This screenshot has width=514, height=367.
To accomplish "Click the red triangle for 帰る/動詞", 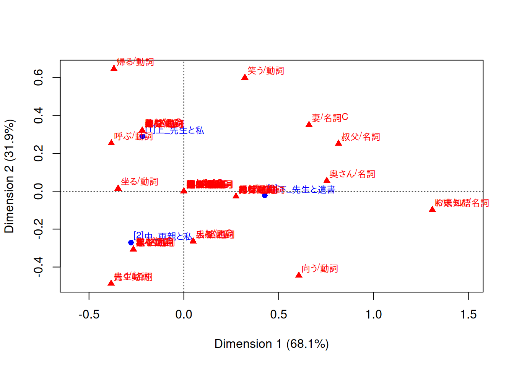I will coord(114,68).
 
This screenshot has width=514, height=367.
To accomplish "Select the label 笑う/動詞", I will coord(265,71).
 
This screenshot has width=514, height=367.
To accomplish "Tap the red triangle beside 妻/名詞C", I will coord(309,124).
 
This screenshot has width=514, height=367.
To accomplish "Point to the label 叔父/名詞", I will coord(360,137).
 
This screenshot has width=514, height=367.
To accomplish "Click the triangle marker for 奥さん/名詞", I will coord(327,180).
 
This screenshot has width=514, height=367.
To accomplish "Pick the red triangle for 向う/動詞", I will coord(299,275).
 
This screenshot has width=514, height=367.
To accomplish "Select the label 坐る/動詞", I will coord(139,182).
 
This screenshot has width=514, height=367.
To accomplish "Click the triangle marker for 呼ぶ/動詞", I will coord(111,143).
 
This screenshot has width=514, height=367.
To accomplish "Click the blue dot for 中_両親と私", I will coord(131,242).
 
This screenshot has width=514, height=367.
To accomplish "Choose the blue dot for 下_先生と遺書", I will coord(265,195).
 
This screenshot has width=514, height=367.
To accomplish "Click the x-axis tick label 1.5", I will coord(468,315).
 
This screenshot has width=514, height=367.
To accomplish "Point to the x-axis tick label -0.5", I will coord(89,315).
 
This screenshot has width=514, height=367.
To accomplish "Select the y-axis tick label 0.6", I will coord(38,78).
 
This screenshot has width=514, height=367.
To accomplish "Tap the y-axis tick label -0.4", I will coord(38,267).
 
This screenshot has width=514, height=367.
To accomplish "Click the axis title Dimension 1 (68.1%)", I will coord(272,344).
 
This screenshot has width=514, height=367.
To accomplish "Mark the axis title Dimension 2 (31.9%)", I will coord(9,176).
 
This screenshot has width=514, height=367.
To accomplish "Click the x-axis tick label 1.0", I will coord(373,315).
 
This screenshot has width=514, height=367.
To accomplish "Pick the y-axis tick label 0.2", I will coord(38,153).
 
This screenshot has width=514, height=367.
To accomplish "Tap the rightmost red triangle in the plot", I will coord(432,209).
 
